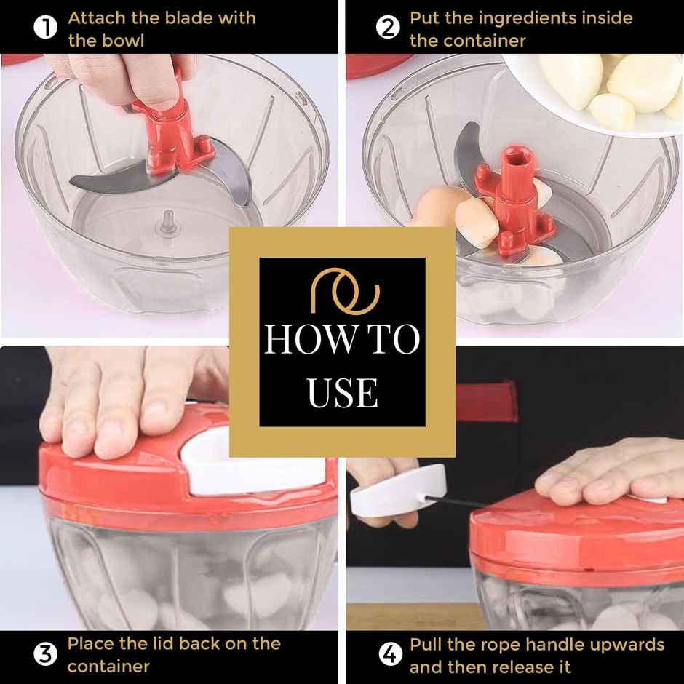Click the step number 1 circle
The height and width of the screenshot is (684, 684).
tap(46, 29)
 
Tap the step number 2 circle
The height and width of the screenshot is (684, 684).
tap(388, 29)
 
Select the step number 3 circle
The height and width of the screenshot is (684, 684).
tap(46, 655)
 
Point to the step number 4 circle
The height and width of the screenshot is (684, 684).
tap(390, 655)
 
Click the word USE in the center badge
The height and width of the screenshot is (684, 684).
tap(342, 392)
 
